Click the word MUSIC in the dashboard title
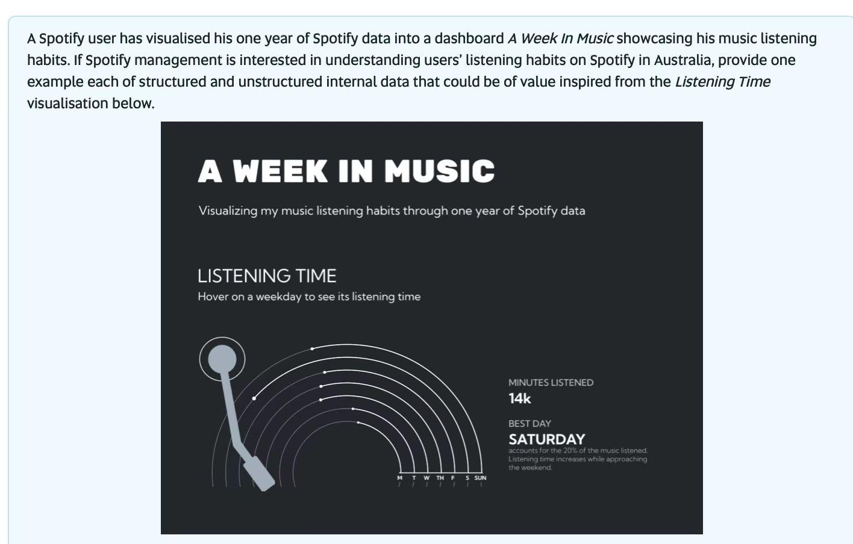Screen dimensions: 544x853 (x=439, y=172)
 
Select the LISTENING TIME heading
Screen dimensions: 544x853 (x=267, y=276)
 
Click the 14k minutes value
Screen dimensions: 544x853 (x=519, y=398)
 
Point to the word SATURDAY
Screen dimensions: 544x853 (x=546, y=439)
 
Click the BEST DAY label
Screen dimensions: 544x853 (x=530, y=424)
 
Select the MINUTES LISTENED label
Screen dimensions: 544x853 (x=551, y=383)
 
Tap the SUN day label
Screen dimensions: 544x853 (x=480, y=478)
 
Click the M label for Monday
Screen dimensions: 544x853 (x=399, y=478)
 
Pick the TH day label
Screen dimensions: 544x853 (x=440, y=478)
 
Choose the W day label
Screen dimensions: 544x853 (x=426, y=478)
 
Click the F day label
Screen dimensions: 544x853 (x=453, y=478)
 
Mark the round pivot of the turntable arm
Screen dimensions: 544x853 (x=222, y=359)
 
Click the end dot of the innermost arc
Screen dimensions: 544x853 (x=358, y=422)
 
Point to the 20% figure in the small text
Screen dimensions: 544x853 (x=570, y=451)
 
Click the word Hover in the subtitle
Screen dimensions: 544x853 (x=212, y=297)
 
